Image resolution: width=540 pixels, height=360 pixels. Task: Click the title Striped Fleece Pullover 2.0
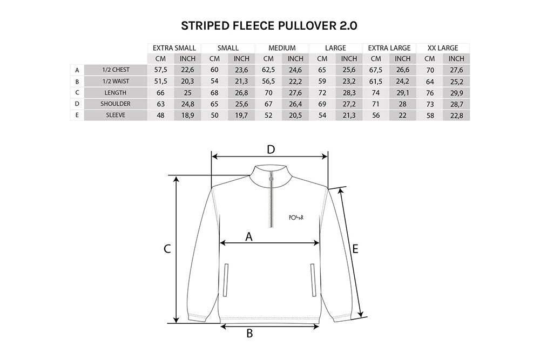(269, 26)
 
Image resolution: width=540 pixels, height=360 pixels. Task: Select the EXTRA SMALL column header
(174, 48)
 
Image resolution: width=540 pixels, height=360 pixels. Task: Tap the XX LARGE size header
(443, 48)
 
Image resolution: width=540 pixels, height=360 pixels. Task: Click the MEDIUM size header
(282, 48)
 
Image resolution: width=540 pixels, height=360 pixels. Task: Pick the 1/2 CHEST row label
(116, 70)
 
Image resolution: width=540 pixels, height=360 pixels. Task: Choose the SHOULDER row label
(116, 104)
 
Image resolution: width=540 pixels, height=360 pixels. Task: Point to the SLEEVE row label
(116, 115)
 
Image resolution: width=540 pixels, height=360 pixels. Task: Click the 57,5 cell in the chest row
(160, 70)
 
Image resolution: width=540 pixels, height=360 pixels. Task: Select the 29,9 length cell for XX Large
(457, 93)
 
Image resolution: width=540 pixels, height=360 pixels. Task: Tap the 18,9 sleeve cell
(188, 116)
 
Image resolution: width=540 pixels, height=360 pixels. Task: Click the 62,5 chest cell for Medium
(268, 70)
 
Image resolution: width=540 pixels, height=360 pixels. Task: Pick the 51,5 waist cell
(160, 81)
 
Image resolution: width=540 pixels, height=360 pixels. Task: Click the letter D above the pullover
(271, 150)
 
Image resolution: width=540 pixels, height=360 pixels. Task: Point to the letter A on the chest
(248, 237)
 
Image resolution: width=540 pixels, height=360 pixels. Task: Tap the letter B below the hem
(249, 333)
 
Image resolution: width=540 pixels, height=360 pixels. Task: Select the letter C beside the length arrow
(167, 249)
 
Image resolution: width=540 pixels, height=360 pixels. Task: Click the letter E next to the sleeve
(355, 248)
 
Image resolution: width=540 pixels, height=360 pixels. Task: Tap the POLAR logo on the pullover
(296, 218)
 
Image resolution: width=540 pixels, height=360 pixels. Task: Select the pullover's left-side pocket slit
(226, 280)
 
